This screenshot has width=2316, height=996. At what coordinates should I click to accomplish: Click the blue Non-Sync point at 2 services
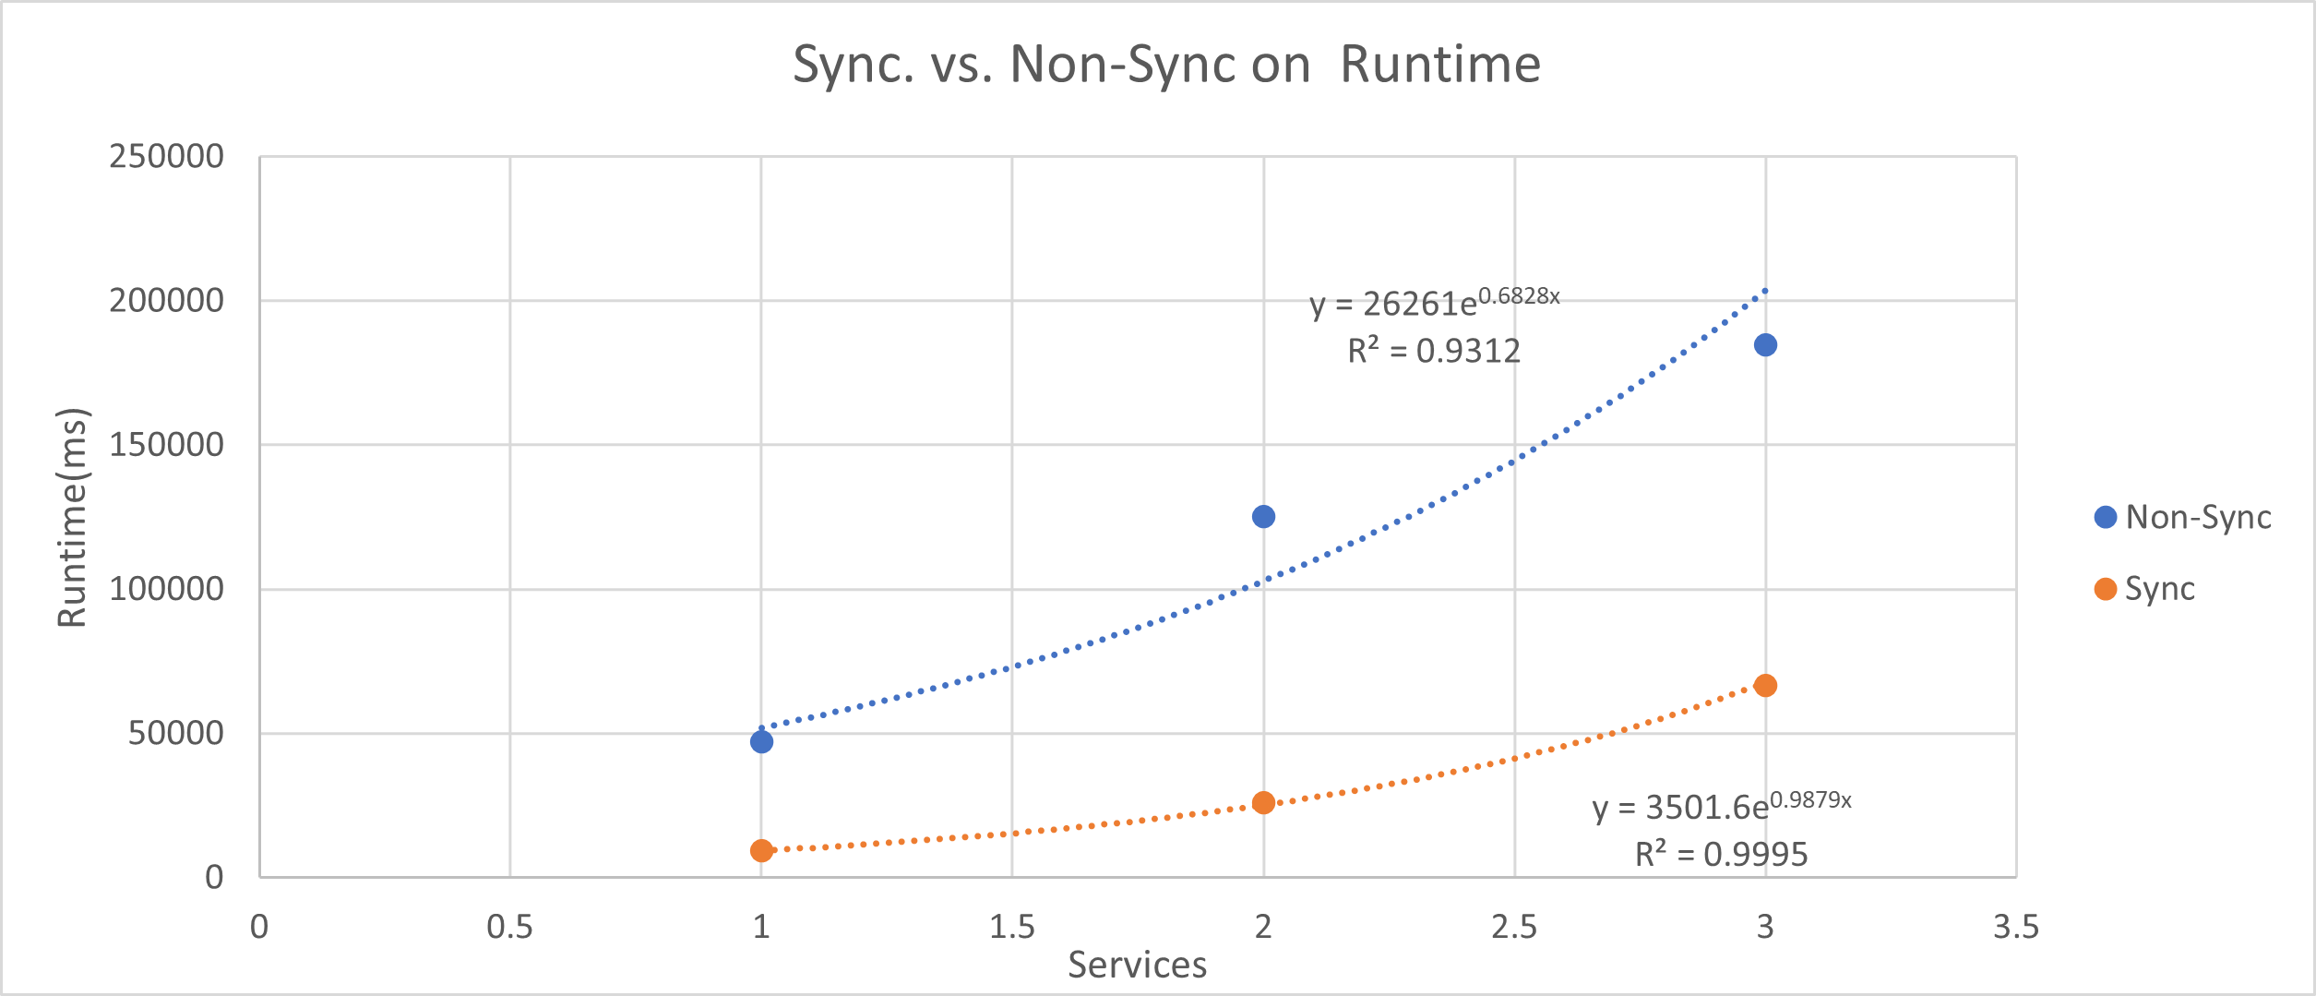[x=1263, y=516]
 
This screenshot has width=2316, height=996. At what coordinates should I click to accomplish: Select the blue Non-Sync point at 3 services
[x=1765, y=344]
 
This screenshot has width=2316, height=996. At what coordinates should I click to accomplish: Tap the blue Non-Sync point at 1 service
[x=761, y=741]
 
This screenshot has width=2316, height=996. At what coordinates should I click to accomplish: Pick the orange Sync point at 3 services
[x=1765, y=685]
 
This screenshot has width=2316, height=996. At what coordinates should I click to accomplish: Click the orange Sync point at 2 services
[x=1263, y=802]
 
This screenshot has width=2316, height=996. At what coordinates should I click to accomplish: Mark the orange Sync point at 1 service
[x=761, y=850]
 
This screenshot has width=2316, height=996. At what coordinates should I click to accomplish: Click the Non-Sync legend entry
[x=2183, y=517]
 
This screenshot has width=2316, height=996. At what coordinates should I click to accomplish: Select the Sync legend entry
[x=2145, y=589]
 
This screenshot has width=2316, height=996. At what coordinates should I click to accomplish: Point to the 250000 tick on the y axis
[x=166, y=156]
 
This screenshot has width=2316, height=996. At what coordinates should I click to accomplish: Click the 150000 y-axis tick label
[x=166, y=445]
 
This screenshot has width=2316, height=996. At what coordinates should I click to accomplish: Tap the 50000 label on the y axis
[x=175, y=733]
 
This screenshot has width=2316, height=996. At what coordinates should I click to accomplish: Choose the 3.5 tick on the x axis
[x=2016, y=927]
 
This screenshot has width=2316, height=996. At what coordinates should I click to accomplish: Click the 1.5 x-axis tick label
[x=1012, y=927]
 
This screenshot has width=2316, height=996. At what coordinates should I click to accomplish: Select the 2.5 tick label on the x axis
[x=1514, y=927]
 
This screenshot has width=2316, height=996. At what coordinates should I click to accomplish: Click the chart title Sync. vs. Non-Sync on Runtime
[x=1166, y=65]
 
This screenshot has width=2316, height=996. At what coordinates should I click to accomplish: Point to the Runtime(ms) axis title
[x=72, y=517]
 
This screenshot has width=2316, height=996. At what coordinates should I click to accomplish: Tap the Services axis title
[x=1137, y=966]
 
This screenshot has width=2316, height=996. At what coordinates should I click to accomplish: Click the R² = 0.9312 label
[x=1434, y=351]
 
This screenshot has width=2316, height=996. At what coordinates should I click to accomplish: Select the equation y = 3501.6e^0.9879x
[x=1721, y=806]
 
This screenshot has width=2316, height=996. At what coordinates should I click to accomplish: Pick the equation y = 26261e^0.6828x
[x=1434, y=302]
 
